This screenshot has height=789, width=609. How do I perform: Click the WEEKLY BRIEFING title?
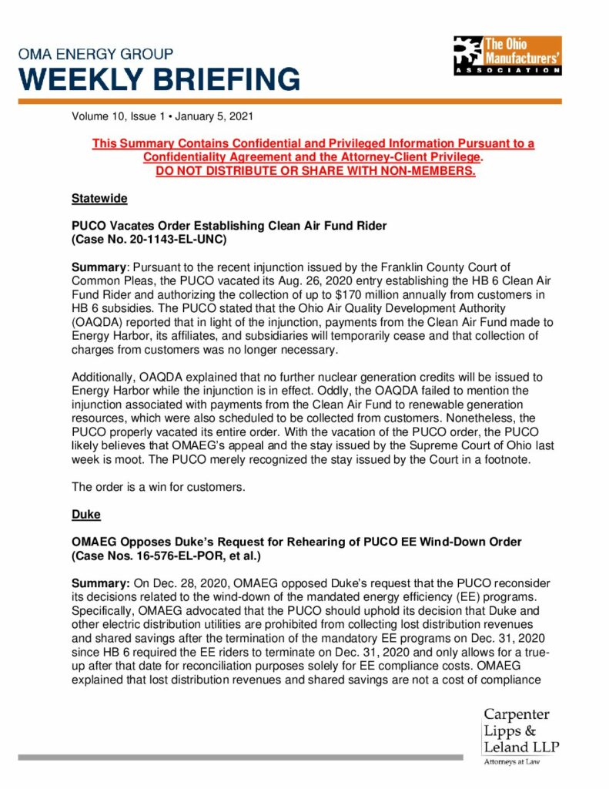[159, 79]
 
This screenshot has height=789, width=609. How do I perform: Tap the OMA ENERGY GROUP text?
[95, 55]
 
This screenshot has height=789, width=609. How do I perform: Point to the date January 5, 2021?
[213, 117]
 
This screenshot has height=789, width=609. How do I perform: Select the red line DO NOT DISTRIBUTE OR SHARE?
[315, 170]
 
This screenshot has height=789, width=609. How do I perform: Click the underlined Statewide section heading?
[99, 198]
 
